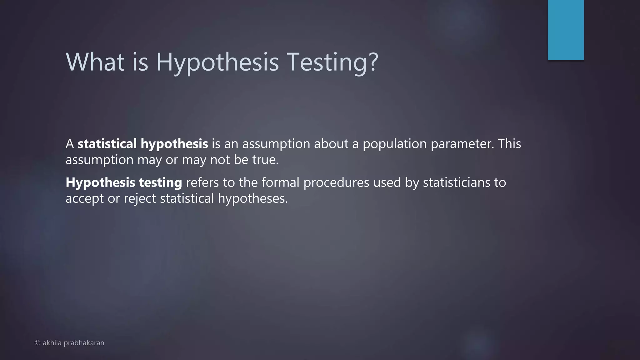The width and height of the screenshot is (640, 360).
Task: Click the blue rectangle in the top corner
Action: click(x=566, y=30)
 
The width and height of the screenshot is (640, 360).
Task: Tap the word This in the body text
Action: click(x=509, y=144)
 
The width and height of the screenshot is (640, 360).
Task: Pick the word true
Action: click(x=265, y=160)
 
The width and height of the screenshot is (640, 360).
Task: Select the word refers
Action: click(x=202, y=182)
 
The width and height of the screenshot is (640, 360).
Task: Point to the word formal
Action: click(x=280, y=182)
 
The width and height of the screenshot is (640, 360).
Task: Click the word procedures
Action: click(x=336, y=183)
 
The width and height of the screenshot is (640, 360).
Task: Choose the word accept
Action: click(x=84, y=199)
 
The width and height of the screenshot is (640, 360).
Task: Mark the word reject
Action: click(x=140, y=199)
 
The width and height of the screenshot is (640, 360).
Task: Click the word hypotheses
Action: click(x=252, y=199)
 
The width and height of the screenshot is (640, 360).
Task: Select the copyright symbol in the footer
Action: click(x=37, y=343)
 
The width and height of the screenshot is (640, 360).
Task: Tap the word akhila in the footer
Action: click(x=52, y=343)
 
